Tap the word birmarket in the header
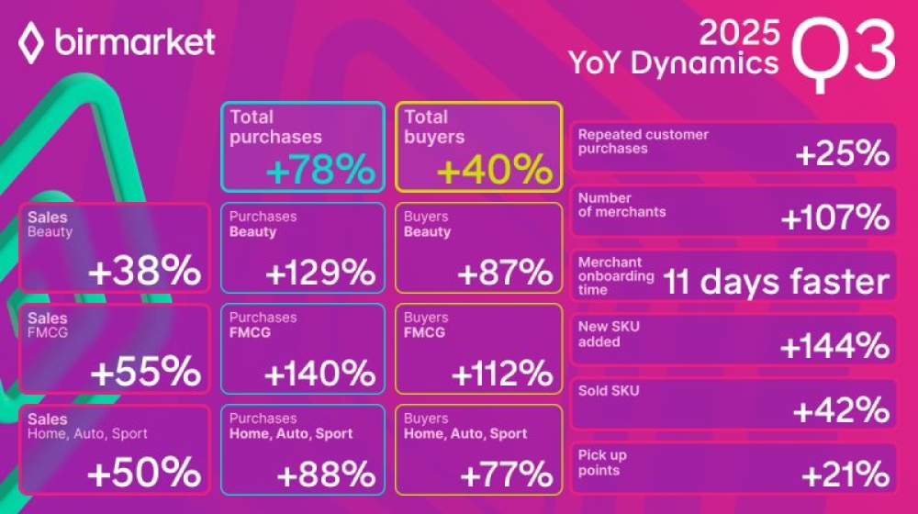point(135,42)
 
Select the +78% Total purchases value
point(320,171)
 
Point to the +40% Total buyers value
point(495,171)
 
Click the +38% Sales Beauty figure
point(145,271)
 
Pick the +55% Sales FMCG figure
point(145,372)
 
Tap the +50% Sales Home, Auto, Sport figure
point(145,472)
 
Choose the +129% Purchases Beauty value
point(319,273)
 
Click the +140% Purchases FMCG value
point(319,374)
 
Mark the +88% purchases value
point(326,474)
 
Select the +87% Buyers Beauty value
point(504,273)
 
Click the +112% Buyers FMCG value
point(501,374)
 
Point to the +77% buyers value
point(505,474)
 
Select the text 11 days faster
point(776,282)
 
